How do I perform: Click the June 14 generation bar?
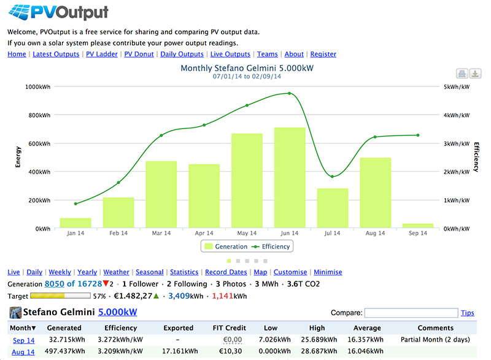(290, 178)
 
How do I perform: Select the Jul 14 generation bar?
(333, 208)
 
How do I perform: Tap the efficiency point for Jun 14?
(289, 93)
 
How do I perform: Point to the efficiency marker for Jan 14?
(75, 204)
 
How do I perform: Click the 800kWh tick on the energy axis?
(39, 115)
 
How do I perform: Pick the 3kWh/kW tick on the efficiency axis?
(457, 144)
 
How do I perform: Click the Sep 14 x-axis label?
(418, 233)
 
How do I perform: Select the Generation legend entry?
(226, 247)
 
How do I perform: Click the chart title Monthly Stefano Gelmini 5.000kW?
(247, 68)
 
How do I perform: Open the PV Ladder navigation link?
(102, 54)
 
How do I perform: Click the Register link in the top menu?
(323, 54)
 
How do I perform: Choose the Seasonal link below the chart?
(149, 272)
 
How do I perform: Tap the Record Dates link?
(226, 272)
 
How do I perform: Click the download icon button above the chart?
(475, 74)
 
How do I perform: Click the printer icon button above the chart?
(462, 74)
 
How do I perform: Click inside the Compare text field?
(411, 313)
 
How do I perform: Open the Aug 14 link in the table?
(23, 352)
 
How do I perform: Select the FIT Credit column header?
(229, 327)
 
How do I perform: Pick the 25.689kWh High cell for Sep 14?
(319, 340)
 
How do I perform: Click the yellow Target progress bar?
(60, 296)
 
